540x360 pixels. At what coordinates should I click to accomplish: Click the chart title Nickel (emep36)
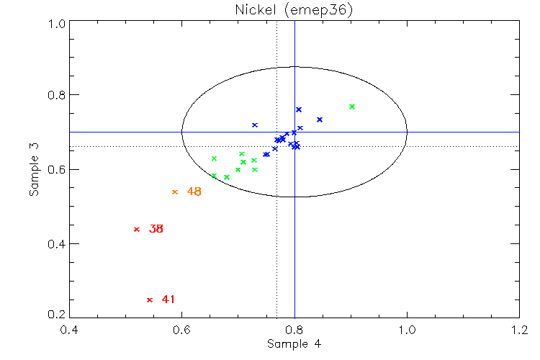[x=294, y=9]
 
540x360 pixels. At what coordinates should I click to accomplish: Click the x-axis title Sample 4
[x=294, y=344]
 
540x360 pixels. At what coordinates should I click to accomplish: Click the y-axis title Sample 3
[x=33, y=169]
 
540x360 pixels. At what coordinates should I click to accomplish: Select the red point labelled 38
[x=136, y=229]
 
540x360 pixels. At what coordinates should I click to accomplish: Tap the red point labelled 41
[x=149, y=300]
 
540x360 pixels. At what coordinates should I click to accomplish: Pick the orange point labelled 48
[x=174, y=192]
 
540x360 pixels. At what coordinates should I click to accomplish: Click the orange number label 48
[x=194, y=192]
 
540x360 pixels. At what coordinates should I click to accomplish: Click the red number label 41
[x=168, y=300]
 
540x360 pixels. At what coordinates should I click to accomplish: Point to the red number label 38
[x=156, y=229]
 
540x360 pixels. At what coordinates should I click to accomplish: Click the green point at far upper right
[x=352, y=107]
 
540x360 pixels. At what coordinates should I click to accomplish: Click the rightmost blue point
[x=320, y=120]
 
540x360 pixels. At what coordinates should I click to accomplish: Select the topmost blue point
[x=299, y=109]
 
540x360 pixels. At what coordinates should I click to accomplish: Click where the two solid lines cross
[x=294, y=132]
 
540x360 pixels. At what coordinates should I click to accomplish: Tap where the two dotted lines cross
[x=277, y=146]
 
